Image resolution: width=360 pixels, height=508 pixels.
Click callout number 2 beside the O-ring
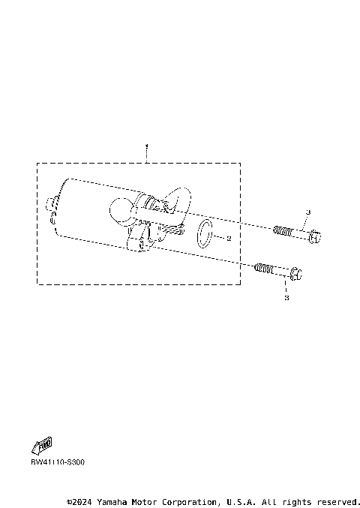pos(228,238)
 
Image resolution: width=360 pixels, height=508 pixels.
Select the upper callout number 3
pos(307,213)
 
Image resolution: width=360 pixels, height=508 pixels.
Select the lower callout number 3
pos(286,298)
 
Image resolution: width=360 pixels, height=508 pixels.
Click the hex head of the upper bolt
pos(315,237)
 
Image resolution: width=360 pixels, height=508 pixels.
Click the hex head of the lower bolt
pos(295,272)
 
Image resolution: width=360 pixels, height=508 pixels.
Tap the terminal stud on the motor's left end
pos(51,203)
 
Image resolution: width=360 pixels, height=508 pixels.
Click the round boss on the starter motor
pos(121,209)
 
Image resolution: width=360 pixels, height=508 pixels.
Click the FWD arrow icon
pos(43,444)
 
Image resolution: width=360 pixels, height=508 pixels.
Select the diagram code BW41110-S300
pos(58,462)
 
